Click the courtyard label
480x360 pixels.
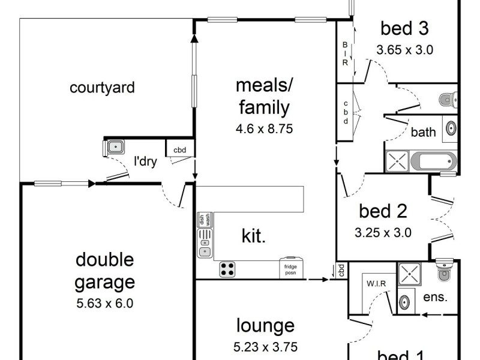[x=102, y=88]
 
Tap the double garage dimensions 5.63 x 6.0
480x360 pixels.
[x=105, y=303]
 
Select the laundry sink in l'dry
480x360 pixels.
[x=115, y=146]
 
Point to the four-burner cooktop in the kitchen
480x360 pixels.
[x=227, y=269]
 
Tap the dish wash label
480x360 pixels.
[x=205, y=220]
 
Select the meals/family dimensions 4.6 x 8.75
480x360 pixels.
[x=264, y=128]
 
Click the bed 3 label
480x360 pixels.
[x=404, y=28]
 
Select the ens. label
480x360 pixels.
[x=436, y=296]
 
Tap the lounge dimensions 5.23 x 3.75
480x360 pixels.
[x=265, y=346]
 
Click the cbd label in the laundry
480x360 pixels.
[x=179, y=150]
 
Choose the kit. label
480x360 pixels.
[x=253, y=236]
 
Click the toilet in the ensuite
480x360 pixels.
[x=445, y=271]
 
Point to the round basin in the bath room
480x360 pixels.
[x=451, y=128]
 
